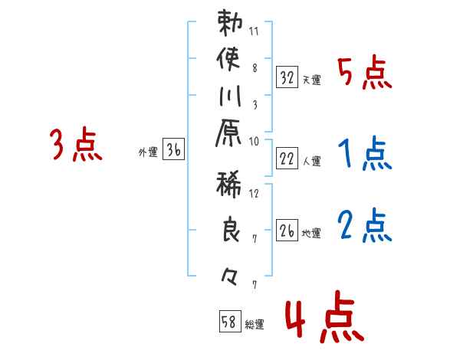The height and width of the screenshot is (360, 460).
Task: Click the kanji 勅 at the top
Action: [x=231, y=24]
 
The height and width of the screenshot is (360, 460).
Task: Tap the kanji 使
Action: [x=231, y=61]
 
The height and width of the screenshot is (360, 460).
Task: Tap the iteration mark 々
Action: [x=231, y=274]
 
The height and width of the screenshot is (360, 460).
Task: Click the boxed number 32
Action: [x=287, y=77]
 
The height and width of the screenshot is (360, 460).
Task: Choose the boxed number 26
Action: [x=287, y=230]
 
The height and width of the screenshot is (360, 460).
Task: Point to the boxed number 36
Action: [x=173, y=150]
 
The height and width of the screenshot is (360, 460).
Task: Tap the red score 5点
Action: [x=365, y=74]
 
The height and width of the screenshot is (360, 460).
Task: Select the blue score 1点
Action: [x=365, y=155]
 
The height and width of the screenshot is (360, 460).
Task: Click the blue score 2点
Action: [x=365, y=227]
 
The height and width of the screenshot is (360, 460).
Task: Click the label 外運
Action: [x=148, y=152]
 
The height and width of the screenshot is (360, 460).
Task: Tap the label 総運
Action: [x=255, y=325]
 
